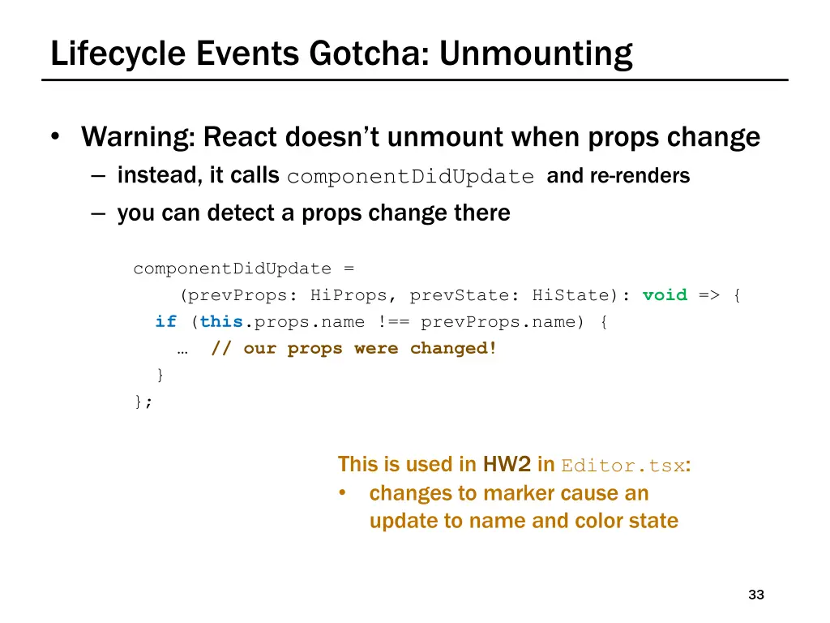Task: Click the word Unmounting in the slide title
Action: tap(536, 54)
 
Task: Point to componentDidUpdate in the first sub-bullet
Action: tap(410, 177)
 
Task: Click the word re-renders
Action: tap(640, 176)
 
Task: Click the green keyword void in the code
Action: tap(665, 295)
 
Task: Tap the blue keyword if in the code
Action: tap(165, 322)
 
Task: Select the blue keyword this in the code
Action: tap(221, 322)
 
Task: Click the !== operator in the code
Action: tap(393, 322)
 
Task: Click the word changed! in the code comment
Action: tap(453, 349)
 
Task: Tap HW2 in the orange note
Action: tap(507, 464)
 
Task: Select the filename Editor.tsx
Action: tap(622, 466)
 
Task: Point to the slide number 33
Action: tap(756, 595)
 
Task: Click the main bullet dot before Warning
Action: tap(53, 137)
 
